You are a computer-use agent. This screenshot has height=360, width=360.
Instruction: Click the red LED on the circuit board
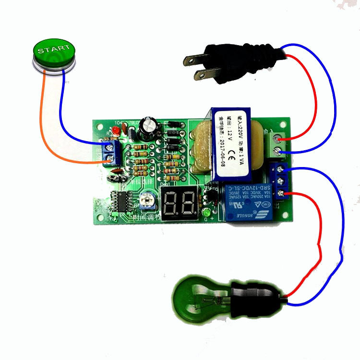(116, 132)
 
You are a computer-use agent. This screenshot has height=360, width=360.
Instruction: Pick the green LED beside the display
(207, 212)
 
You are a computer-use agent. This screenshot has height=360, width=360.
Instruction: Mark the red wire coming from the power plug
(315, 96)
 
